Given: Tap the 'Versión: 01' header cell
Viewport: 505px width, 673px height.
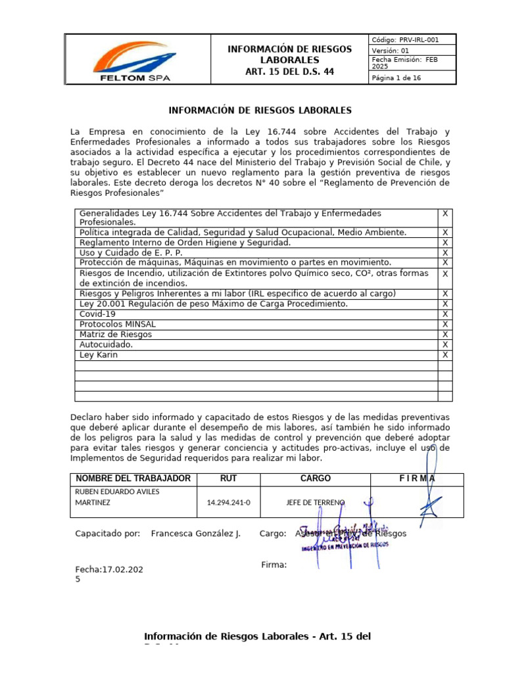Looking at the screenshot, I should (x=391, y=51).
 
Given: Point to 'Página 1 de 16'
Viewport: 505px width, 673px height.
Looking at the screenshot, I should (x=397, y=78).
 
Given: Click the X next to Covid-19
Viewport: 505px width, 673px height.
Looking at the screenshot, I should (x=445, y=314).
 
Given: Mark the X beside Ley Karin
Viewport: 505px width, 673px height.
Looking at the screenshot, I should (x=445, y=355).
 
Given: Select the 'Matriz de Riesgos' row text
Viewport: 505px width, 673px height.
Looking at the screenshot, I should (x=115, y=335).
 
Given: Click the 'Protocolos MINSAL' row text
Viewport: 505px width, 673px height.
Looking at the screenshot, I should (x=118, y=325).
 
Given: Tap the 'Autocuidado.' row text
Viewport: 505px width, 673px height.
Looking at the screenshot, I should (x=106, y=344).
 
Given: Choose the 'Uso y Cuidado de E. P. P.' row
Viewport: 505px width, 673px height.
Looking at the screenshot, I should (x=131, y=253).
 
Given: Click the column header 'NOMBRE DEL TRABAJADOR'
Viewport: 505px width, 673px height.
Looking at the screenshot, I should (x=133, y=478).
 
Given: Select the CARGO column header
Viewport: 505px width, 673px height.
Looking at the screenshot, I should (x=316, y=478).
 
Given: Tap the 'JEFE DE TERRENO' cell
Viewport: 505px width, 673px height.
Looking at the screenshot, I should (x=316, y=503).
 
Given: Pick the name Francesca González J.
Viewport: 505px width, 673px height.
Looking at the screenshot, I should (x=195, y=534).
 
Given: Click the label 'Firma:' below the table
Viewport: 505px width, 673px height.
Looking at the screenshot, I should (x=274, y=565).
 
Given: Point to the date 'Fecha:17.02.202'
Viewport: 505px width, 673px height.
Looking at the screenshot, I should (x=108, y=570).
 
